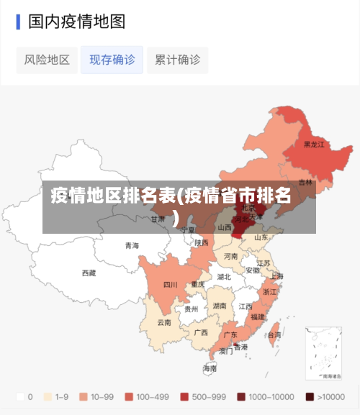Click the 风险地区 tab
point(47,60)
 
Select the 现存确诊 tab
point(112,60)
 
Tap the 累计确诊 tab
point(177,60)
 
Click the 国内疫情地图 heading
point(76,22)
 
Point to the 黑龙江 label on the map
point(313,144)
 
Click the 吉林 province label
point(306,182)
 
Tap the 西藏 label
point(89,273)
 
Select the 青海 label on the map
point(132,245)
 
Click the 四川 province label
point(170,285)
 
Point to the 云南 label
point(164,322)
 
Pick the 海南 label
point(210,368)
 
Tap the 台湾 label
point(274,334)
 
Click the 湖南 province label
point(220,306)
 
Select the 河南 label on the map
point(230,256)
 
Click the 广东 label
point(230,334)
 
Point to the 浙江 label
point(270,292)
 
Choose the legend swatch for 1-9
point(49,396)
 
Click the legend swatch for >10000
point(310,396)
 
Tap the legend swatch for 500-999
point(185,396)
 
